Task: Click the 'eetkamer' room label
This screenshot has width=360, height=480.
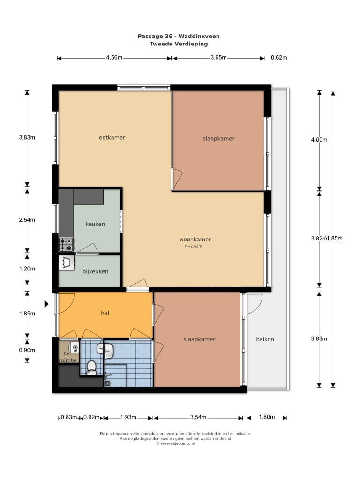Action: pyautogui.click(x=112, y=138)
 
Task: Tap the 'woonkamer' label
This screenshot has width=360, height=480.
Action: pyautogui.click(x=195, y=240)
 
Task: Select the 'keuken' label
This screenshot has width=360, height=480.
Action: pyautogui.click(x=95, y=224)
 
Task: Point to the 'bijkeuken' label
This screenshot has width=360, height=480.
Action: pyautogui.click(x=95, y=271)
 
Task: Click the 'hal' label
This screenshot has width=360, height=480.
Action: pyautogui.click(x=105, y=313)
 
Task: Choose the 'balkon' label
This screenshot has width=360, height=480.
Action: pyautogui.click(x=265, y=339)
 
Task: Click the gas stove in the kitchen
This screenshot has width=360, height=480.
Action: pyautogui.click(x=66, y=245)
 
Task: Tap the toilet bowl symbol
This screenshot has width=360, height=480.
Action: pyautogui.click(x=91, y=367)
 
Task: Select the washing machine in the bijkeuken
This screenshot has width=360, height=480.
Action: pyautogui.click(x=67, y=263)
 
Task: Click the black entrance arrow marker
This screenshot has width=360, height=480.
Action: pyautogui.click(x=46, y=304)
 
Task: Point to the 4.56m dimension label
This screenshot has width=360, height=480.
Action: pyautogui.click(x=114, y=58)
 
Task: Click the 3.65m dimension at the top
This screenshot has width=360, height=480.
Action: pyautogui.click(x=218, y=58)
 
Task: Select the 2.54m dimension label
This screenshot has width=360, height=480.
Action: pyautogui.click(x=27, y=220)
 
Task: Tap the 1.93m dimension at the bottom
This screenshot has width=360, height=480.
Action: pyautogui.click(x=128, y=417)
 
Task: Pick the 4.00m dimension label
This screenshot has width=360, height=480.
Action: pyautogui.click(x=319, y=140)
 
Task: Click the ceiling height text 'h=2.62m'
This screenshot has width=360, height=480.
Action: pyautogui.click(x=194, y=246)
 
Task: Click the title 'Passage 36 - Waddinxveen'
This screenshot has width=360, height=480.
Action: pyautogui.click(x=179, y=36)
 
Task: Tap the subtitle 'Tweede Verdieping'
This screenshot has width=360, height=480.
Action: pyautogui.click(x=179, y=44)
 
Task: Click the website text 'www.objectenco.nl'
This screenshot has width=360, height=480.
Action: pyautogui.click(x=178, y=443)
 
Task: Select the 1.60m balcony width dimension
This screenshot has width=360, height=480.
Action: pyautogui.click(x=267, y=417)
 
